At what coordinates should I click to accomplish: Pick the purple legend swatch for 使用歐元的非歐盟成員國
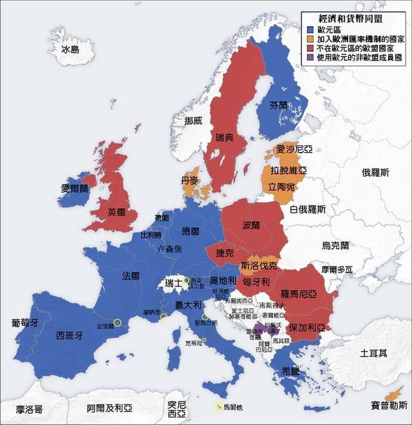[x=310, y=57]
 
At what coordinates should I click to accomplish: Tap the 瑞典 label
[x=224, y=139]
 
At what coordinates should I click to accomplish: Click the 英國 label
[x=117, y=212]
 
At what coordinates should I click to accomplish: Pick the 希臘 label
[x=290, y=371]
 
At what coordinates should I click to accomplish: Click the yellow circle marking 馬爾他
[x=219, y=407]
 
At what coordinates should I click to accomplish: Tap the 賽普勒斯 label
[x=389, y=405]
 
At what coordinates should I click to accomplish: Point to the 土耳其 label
[x=373, y=353]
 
